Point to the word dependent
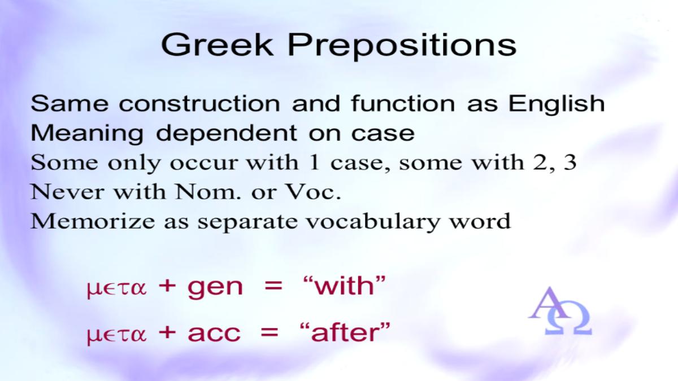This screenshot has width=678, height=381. (x=226, y=133)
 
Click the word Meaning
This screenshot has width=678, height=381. (x=87, y=133)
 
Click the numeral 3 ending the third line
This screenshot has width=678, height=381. (x=570, y=162)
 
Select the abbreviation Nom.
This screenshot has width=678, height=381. (x=208, y=192)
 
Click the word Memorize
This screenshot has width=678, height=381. (x=93, y=221)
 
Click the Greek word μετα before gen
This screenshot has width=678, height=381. (x=116, y=288)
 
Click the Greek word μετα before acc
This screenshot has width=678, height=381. (x=116, y=335)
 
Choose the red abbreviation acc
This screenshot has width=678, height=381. (x=214, y=334)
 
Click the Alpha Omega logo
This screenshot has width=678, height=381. (x=560, y=311)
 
